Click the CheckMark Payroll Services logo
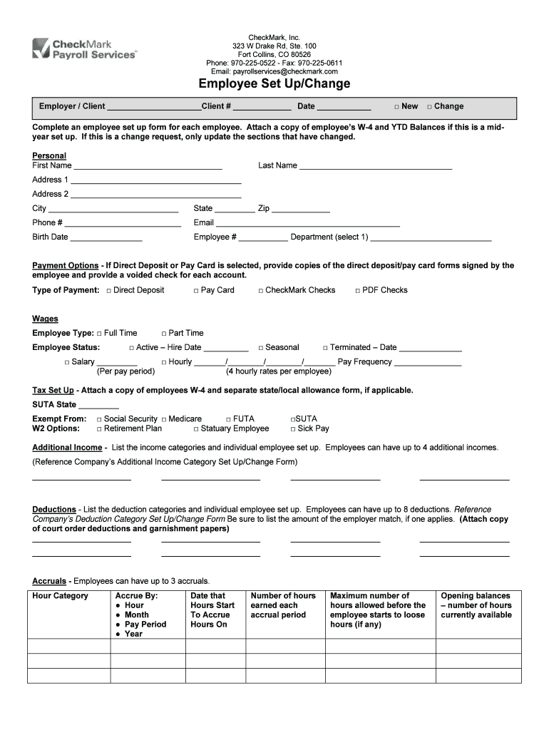[x=85, y=48]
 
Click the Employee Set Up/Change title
[x=274, y=84]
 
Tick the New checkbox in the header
[x=397, y=107]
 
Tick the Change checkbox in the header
[x=429, y=107]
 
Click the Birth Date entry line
[x=106, y=238]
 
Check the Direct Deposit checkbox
[x=108, y=291]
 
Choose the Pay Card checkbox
[x=196, y=291]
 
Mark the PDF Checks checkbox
[x=357, y=291]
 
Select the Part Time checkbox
[x=163, y=334]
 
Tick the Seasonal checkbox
[x=260, y=348]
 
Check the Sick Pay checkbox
[x=292, y=429]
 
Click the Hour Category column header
[x=61, y=596]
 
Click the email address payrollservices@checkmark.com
[x=274, y=71]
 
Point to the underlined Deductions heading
[x=54, y=510]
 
